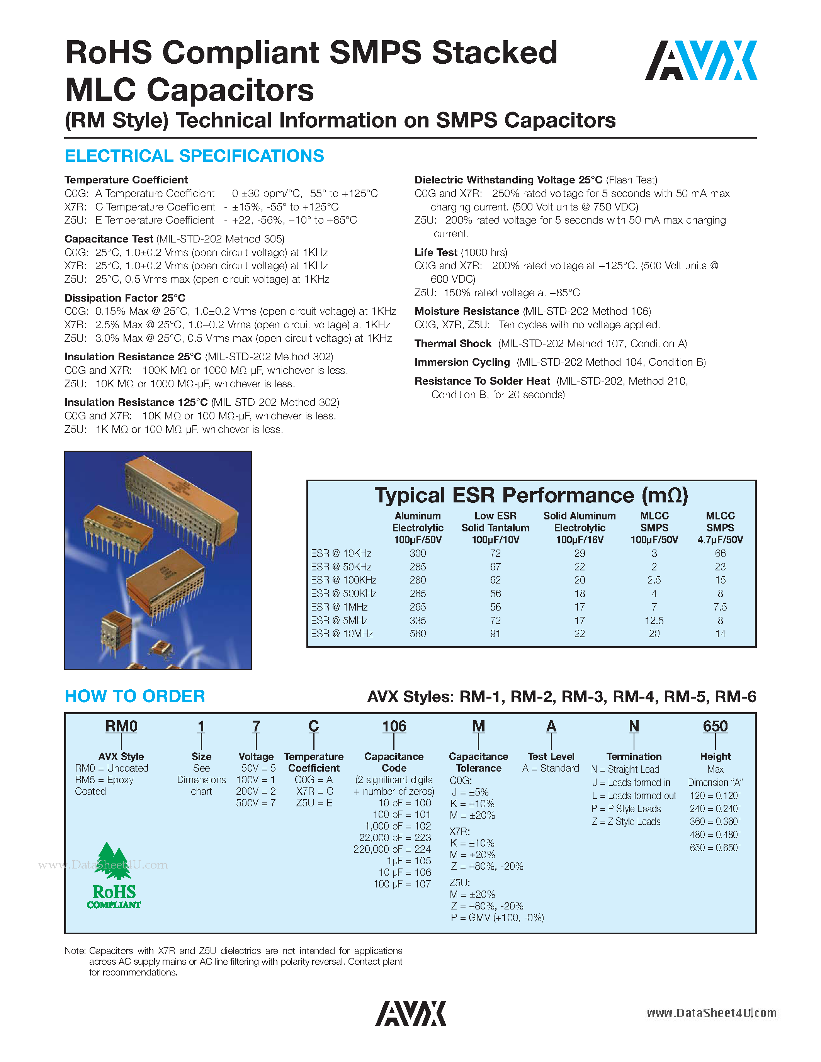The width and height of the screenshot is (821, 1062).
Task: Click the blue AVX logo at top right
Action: pos(701,60)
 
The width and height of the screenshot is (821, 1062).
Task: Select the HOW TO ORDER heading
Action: pos(135,696)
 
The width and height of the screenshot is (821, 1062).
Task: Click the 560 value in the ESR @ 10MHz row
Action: pos(417,634)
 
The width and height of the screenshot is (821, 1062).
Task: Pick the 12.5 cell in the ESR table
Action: pos(654,621)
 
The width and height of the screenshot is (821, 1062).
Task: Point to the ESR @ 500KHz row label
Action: pos(343,593)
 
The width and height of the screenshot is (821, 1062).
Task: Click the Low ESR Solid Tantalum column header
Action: pos(495,528)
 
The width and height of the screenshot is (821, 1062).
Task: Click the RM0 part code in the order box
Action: pos(121,726)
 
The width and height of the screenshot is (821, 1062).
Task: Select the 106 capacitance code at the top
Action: pos(393,726)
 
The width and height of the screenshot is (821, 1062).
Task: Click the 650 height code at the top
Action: pos(715,726)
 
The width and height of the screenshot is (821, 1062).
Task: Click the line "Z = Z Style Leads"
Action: pos(626,821)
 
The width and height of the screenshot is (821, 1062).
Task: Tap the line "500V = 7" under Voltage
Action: pos(256,803)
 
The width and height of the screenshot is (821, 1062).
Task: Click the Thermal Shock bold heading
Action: pos(453,344)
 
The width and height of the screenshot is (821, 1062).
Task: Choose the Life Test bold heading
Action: pos(436,253)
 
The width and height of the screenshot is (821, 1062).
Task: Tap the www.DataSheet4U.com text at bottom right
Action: pos(711,1013)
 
